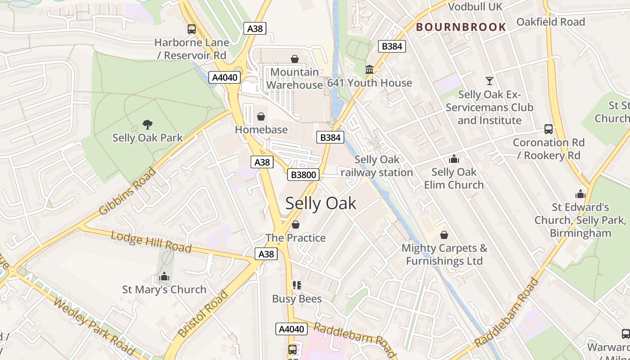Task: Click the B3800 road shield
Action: (303, 175)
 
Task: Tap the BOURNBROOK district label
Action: (461, 27)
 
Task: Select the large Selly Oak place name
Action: (320, 203)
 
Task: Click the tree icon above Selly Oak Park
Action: (147, 125)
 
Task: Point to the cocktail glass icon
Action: (489, 81)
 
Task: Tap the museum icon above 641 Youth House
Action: (369, 69)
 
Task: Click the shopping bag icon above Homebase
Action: (261, 117)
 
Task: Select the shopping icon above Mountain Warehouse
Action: (295, 59)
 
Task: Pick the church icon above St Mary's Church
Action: (164, 276)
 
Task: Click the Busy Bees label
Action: (297, 299)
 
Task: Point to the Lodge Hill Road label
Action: (151, 242)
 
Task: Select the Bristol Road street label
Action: (202, 315)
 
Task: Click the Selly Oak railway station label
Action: (377, 166)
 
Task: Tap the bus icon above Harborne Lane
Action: (192, 29)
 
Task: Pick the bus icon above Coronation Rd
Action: (549, 129)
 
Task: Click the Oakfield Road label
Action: (550, 22)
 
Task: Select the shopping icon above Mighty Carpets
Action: (444, 235)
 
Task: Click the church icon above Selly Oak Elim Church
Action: (454, 159)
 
